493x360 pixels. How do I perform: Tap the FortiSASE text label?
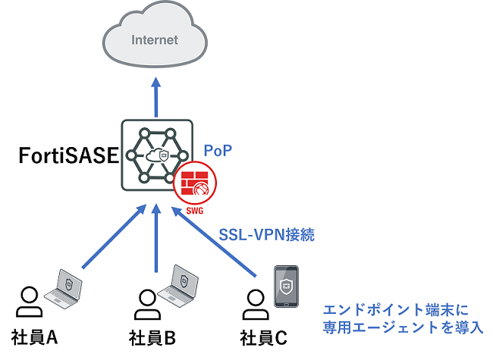[x=66, y=157]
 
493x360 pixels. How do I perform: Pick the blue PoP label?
[x=217, y=150]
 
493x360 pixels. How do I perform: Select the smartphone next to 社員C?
[x=285, y=286]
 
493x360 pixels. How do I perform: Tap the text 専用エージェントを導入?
[x=402, y=329]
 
